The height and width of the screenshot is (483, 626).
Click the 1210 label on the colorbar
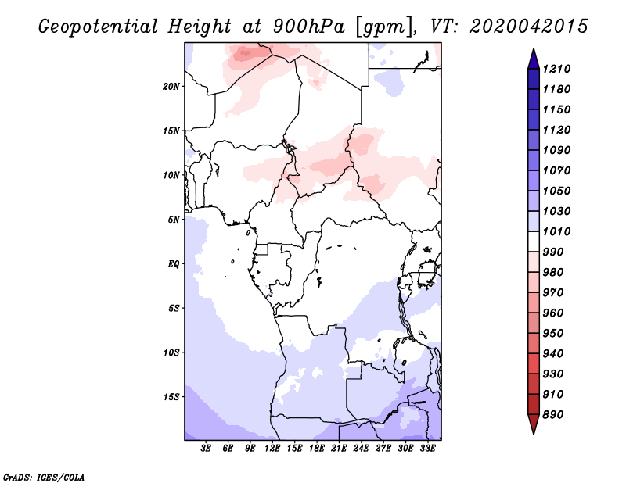559,69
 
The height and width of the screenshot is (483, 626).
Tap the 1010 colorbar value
559,231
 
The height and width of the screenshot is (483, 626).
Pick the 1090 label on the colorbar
559,150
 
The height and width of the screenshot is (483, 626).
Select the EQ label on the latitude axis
174,263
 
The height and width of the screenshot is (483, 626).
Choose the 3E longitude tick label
207,449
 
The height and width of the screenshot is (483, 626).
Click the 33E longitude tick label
427,449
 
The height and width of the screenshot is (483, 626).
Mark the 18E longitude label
317,449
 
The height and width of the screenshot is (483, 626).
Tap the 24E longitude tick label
361,449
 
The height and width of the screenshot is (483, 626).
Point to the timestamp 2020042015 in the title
529,26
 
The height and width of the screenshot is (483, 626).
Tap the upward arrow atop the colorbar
532,57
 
